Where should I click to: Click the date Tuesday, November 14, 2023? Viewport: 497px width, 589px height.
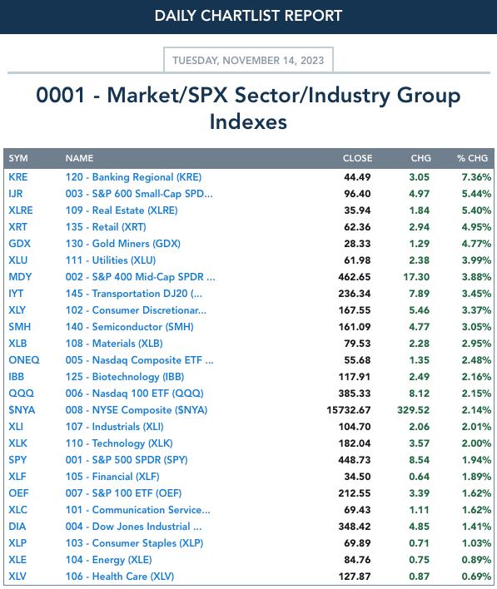[248, 61]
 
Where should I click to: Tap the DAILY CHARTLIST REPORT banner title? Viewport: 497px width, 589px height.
[248, 16]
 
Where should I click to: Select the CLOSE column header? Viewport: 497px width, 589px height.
[357, 158]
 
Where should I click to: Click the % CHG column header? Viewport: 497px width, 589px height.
[472, 158]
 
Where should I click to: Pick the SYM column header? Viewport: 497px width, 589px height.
[18, 158]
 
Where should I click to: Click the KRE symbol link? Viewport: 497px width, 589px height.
[18, 177]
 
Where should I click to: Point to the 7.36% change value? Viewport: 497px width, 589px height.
[476, 177]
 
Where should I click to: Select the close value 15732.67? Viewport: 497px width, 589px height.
[349, 410]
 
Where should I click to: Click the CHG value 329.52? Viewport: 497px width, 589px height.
[413, 410]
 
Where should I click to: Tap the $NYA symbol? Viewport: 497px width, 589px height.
[22, 410]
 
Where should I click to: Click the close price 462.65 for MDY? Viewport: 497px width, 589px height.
[355, 277]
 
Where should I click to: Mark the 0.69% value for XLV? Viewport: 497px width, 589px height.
[476, 577]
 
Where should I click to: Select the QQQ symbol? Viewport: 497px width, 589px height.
[21, 393]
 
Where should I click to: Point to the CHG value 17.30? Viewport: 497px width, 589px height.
[416, 277]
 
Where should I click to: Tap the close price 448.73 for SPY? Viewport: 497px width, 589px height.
[355, 460]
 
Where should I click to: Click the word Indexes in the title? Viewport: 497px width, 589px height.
[248, 122]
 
